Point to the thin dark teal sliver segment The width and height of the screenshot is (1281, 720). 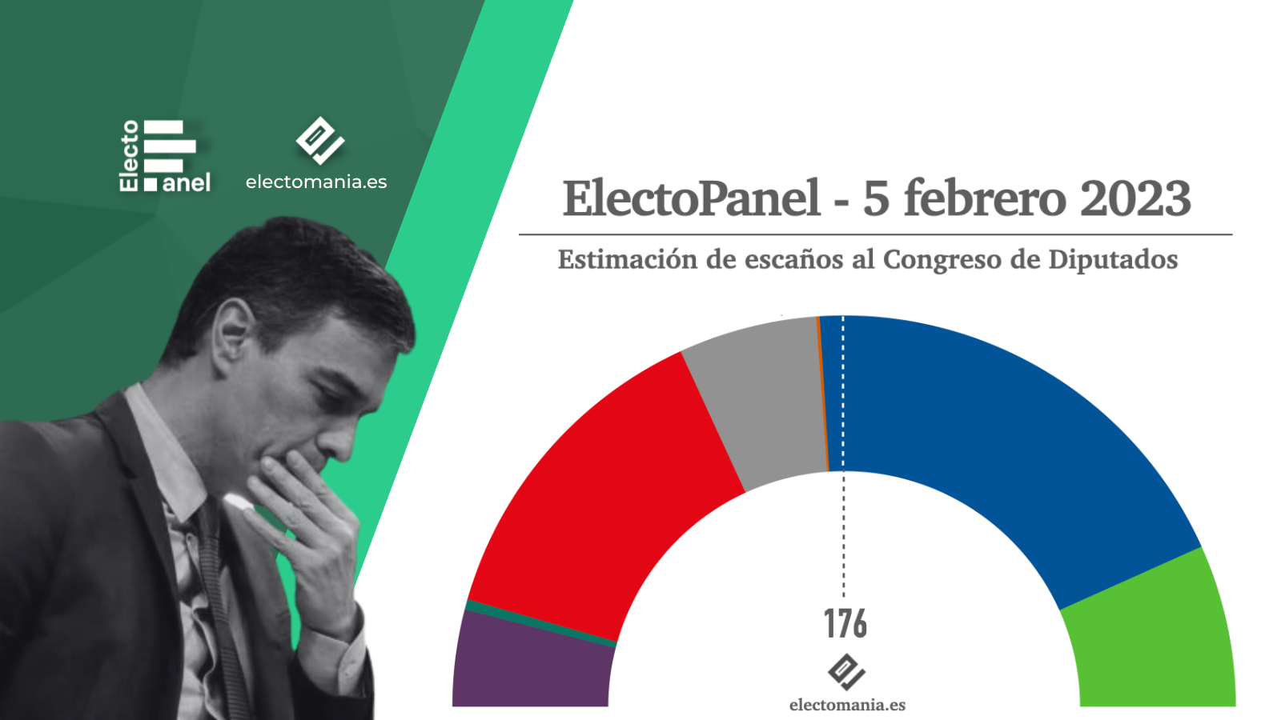[540, 624]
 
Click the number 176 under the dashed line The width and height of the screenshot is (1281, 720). [845, 624]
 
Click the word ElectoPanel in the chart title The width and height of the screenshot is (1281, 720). [692, 198]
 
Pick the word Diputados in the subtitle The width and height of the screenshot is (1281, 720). [1113, 260]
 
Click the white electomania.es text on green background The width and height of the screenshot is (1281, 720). [316, 182]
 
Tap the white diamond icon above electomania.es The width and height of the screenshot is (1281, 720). [320, 141]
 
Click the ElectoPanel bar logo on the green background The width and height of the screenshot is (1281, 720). [165, 155]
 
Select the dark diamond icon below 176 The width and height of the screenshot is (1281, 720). [846, 672]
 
